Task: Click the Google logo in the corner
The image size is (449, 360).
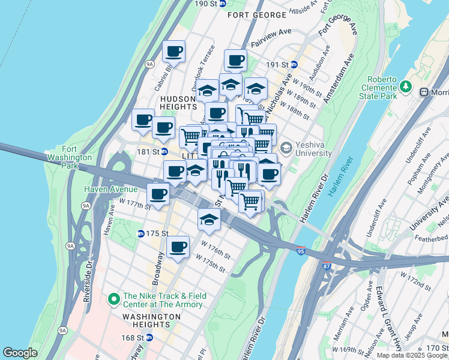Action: pyautogui.click(x=20, y=353)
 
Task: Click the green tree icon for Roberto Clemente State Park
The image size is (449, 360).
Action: pyautogui.click(x=406, y=87)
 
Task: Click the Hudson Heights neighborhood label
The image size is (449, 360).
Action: pyautogui.click(x=178, y=103)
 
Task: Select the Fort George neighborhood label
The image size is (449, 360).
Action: pyautogui.click(x=257, y=14)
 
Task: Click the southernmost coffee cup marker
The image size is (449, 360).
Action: pyautogui.click(x=178, y=246)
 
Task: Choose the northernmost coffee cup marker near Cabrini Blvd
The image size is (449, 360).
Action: pyautogui.click(x=174, y=51)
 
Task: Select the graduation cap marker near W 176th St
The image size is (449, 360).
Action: pyautogui.click(x=209, y=220)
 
